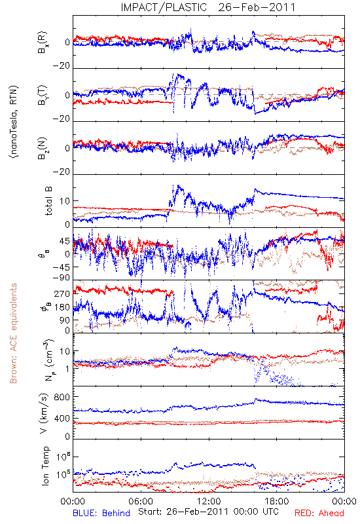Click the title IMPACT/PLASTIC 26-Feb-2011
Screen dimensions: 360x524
tap(208, 7)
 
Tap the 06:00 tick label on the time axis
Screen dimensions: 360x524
tap(141, 501)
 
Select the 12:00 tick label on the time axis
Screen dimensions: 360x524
tap(209, 501)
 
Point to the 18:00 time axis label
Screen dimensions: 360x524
tap(277, 501)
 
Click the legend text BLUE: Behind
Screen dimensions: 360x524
tap(101, 513)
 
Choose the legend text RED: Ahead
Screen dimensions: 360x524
tap(319, 513)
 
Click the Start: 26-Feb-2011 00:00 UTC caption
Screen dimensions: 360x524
tap(208, 512)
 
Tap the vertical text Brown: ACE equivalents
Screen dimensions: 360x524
tap(13, 333)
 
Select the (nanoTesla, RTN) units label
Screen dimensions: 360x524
tap(14, 121)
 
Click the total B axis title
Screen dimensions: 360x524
tap(48, 200)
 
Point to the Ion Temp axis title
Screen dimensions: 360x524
tap(46, 466)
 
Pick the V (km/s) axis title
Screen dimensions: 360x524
tap(44, 413)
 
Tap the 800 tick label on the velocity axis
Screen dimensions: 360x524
tap(62, 397)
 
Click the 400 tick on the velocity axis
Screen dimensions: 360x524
tap(62, 418)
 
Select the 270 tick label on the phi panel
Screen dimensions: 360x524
tap(62, 293)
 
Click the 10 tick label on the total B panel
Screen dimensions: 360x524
tap(65, 201)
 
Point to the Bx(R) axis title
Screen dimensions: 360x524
tap(43, 43)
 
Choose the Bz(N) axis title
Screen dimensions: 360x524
tap(43, 149)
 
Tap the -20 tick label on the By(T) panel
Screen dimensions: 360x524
tap(62, 119)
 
